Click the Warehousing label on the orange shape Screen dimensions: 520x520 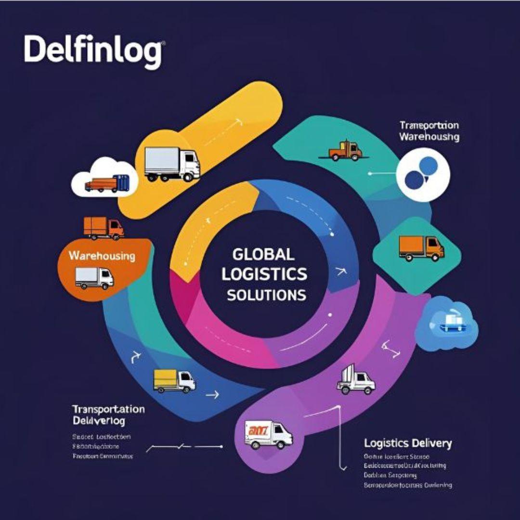tap(102, 255)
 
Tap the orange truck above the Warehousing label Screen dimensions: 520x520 tap(104, 228)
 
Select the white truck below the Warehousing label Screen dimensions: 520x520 tap(94, 278)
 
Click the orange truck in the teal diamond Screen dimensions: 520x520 tap(421, 248)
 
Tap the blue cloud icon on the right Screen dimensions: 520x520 tap(453, 322)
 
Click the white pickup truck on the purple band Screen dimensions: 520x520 tap(356, 380)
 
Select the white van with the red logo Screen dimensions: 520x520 tap(268, 434)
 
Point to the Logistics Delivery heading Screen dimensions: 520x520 tap(408, 443)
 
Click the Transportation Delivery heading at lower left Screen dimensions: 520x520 tap(108, 415)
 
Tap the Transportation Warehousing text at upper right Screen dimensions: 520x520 tap(429, 131)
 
